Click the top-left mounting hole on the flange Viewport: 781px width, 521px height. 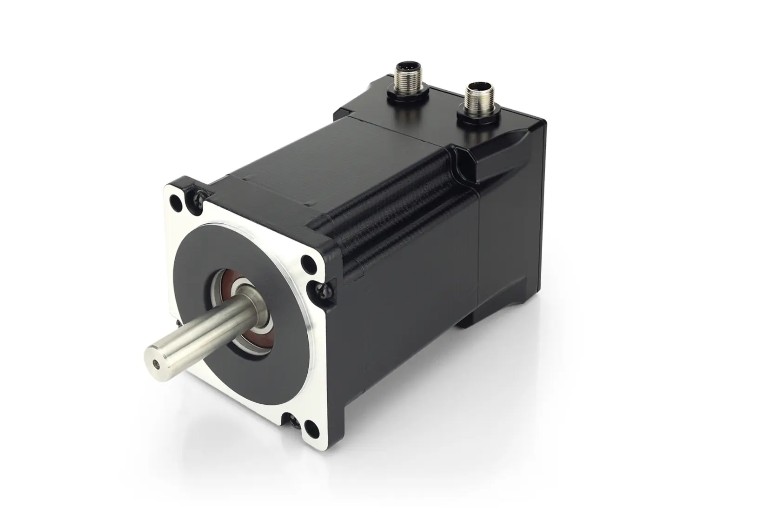177,203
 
